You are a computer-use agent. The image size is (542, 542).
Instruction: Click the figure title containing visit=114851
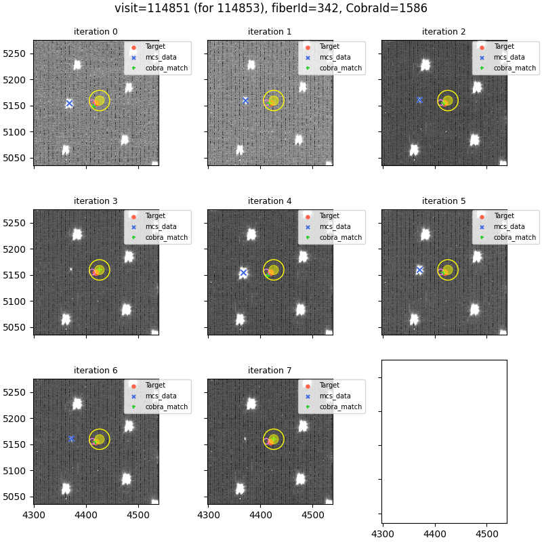(x=271, y=9)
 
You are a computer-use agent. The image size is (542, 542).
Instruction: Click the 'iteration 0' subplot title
(x=96, y=32)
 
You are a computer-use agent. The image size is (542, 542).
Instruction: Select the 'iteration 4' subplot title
(x=270, y=201)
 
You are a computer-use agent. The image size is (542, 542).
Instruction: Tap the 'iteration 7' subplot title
(x=270, y=371)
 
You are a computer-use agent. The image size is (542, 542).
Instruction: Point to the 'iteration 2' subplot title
(x=444, y=32)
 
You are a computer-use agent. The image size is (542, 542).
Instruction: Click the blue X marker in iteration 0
(x=69, y=103)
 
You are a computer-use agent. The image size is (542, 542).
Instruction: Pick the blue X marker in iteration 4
(x=243, y=272)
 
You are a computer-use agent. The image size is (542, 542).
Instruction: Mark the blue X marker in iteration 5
(x=419, y=270)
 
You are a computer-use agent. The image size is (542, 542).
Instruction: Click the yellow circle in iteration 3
(x=100, y=270)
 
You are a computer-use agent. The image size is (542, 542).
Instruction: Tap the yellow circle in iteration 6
(x=100, y=439)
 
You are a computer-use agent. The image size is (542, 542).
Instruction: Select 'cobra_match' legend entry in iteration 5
(x=514, y=238)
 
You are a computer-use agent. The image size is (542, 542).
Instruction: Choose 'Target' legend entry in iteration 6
(x=155, y=385)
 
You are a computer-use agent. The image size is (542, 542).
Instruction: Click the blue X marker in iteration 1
(x=245, y=100)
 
